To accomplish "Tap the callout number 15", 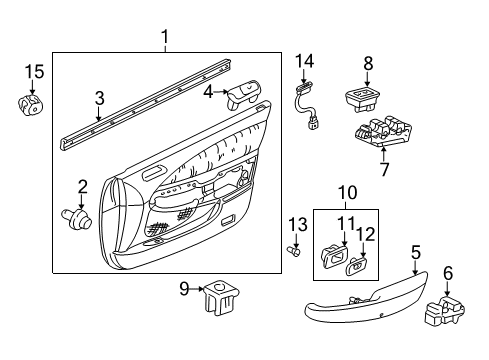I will click(33, 72).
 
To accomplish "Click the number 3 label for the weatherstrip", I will click(99, 98).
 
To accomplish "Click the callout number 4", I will click(209, 93).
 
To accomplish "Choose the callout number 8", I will click(368, 62).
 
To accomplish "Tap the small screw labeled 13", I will click(296, 251).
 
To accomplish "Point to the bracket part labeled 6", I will click(446, 314).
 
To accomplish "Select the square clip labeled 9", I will click(217, 298).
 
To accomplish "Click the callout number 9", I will click(184, 291).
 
